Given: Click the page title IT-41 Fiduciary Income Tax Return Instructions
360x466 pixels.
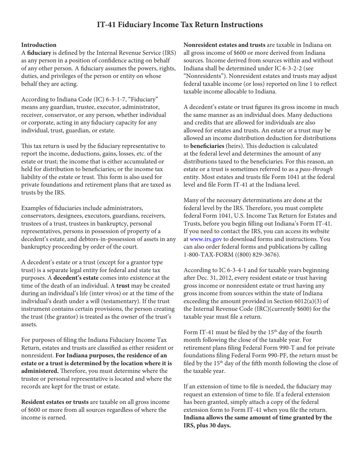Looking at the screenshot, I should (x=180, y=25).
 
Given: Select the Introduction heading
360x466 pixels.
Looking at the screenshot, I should (x=39, y=45).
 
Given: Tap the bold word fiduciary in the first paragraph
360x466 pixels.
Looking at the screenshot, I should (x=39, y=53).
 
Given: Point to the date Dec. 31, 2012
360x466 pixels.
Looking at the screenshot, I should (x=212, y=278).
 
